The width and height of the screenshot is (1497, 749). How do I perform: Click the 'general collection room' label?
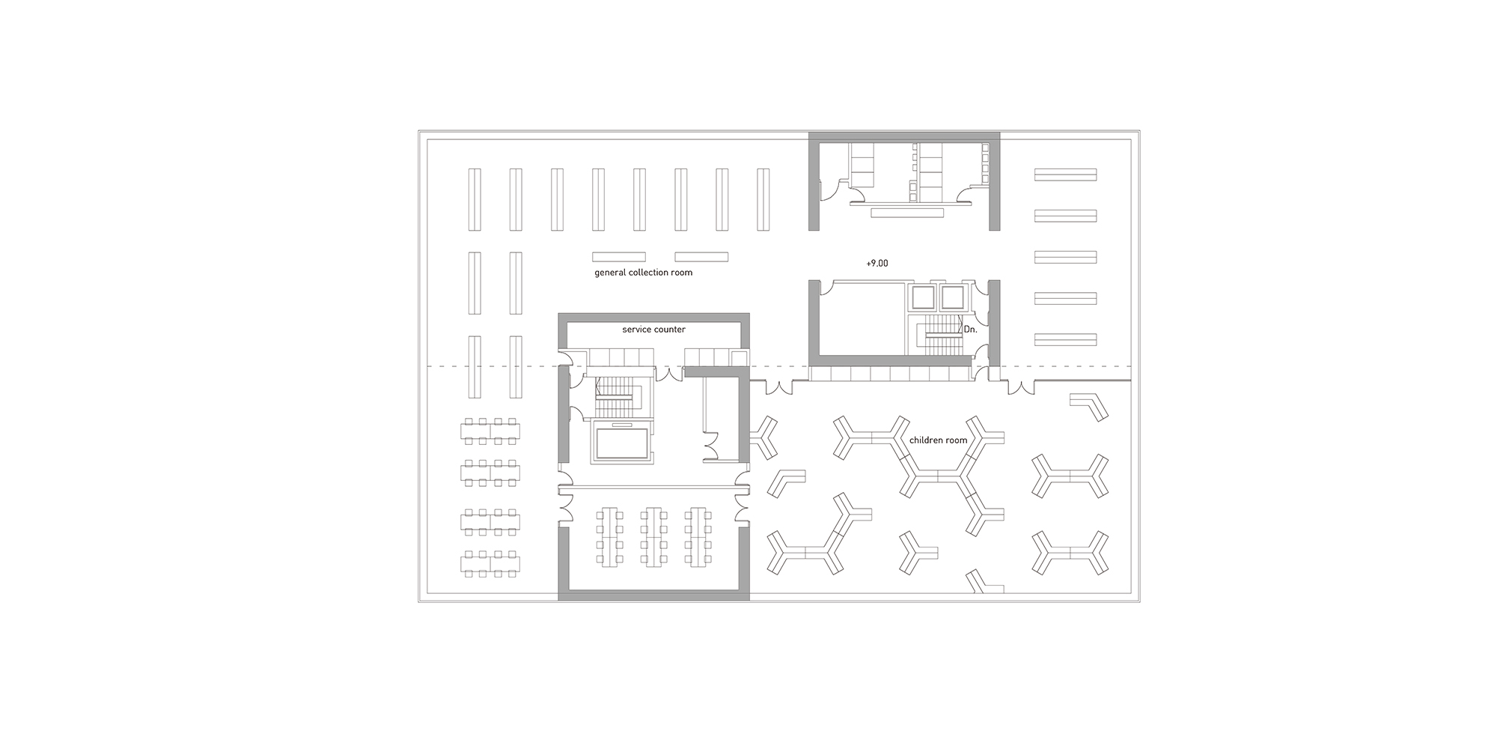coord(643,273)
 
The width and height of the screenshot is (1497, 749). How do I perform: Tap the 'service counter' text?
coord(653,330)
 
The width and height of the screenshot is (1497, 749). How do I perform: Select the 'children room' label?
coord(939,440)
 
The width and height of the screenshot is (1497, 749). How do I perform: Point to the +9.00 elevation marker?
coord(876,264)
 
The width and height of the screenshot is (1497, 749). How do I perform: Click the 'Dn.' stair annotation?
coord(970,330)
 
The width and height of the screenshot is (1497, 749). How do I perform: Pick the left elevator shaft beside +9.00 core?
coord(921,297)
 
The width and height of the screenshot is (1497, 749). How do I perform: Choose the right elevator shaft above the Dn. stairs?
coord(952,297)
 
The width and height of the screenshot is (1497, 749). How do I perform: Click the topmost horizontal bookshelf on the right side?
coord(1065,175)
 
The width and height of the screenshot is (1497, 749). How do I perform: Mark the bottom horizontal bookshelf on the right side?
coord(1065,339)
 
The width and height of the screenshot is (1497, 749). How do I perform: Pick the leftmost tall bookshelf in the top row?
coord(474,199)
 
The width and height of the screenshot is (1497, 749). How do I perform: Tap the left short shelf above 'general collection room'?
coord(619,257)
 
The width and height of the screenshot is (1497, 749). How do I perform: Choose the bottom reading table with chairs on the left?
coord(490,564)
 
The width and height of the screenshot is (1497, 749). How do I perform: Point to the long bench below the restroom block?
coord(907,213)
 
